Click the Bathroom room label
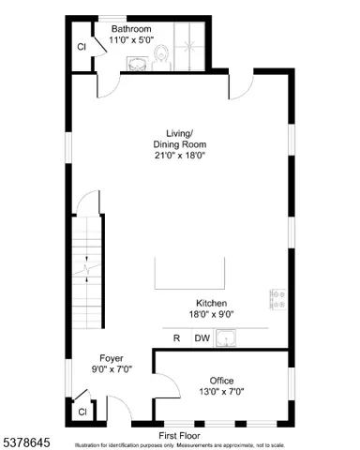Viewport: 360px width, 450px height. [130, 29]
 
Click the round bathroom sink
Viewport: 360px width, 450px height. [139, 63]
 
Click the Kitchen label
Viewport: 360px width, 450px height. [210, 303]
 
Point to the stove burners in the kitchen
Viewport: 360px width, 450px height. [278, 298]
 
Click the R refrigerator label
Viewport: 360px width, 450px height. [176, 338]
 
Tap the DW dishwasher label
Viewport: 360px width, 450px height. [202, 338]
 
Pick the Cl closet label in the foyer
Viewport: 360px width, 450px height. [82, 411]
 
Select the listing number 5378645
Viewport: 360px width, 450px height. [24, 440]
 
